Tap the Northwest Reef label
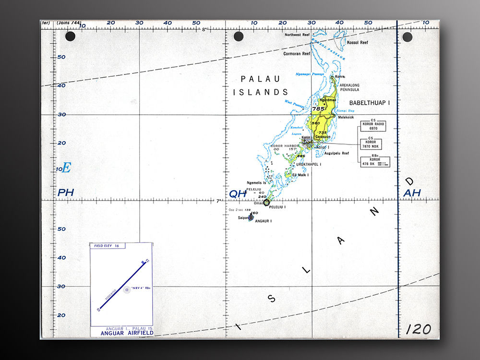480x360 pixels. coord(297,35)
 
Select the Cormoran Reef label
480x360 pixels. coord(297,54)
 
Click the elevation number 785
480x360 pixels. coord(318,109)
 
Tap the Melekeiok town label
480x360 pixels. coord(346,117)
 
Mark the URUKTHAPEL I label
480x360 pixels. coord(308,164)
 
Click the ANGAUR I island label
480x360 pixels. coord(264,221)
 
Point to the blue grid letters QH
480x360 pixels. coord(238,193)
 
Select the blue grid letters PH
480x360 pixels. coord(66,193)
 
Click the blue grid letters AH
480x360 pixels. coord(412,193)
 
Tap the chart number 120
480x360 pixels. coord(418,329)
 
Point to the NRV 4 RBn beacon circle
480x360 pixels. coord(127,290)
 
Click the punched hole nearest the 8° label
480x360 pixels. coord(238,37)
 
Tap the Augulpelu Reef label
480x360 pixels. coord(336,154)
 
